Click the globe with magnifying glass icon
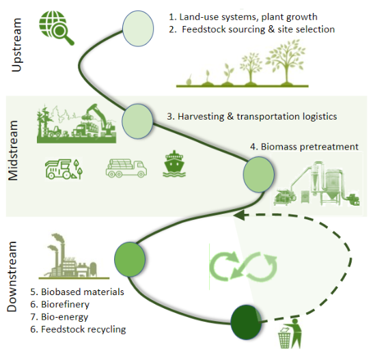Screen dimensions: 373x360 pyautogui.click(x=56, y=27)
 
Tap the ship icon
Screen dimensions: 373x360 pyautogui.click(x=174, y=164)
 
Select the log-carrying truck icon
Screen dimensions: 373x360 pyautogui.click(x=126, y=168)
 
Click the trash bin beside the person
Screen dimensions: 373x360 pyautogui.click(x=284, y=338)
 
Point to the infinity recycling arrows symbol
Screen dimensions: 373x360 pyautogui.click(x=243, y=266)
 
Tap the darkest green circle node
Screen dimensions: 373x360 pyautogui.click(x=246, y=322)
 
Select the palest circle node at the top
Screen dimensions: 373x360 pyautogui.click(x=138, y=28)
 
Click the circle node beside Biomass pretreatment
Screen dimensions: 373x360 pyautogui.click(x=259, y=174)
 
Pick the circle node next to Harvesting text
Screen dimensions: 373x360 pyautogui.click(x=137, y=121)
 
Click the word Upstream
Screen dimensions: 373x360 pyautogui.click(x=16, y=44)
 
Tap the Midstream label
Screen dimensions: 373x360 pyautogui.click(x=13, y=150)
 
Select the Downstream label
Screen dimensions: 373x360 pyautogui.click(x=12, y=277)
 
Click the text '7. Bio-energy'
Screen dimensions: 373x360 pyautogui.click(x=59, y=317)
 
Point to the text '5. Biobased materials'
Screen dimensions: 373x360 pyautogui.click(x=77, y=292)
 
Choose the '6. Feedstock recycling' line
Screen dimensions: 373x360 pyautogui.click(x=78, y=329)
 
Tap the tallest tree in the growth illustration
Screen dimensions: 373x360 pyautogui.click(x=286, y=62)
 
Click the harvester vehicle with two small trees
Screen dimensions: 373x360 pyautogui.click(x=64, y=169)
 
